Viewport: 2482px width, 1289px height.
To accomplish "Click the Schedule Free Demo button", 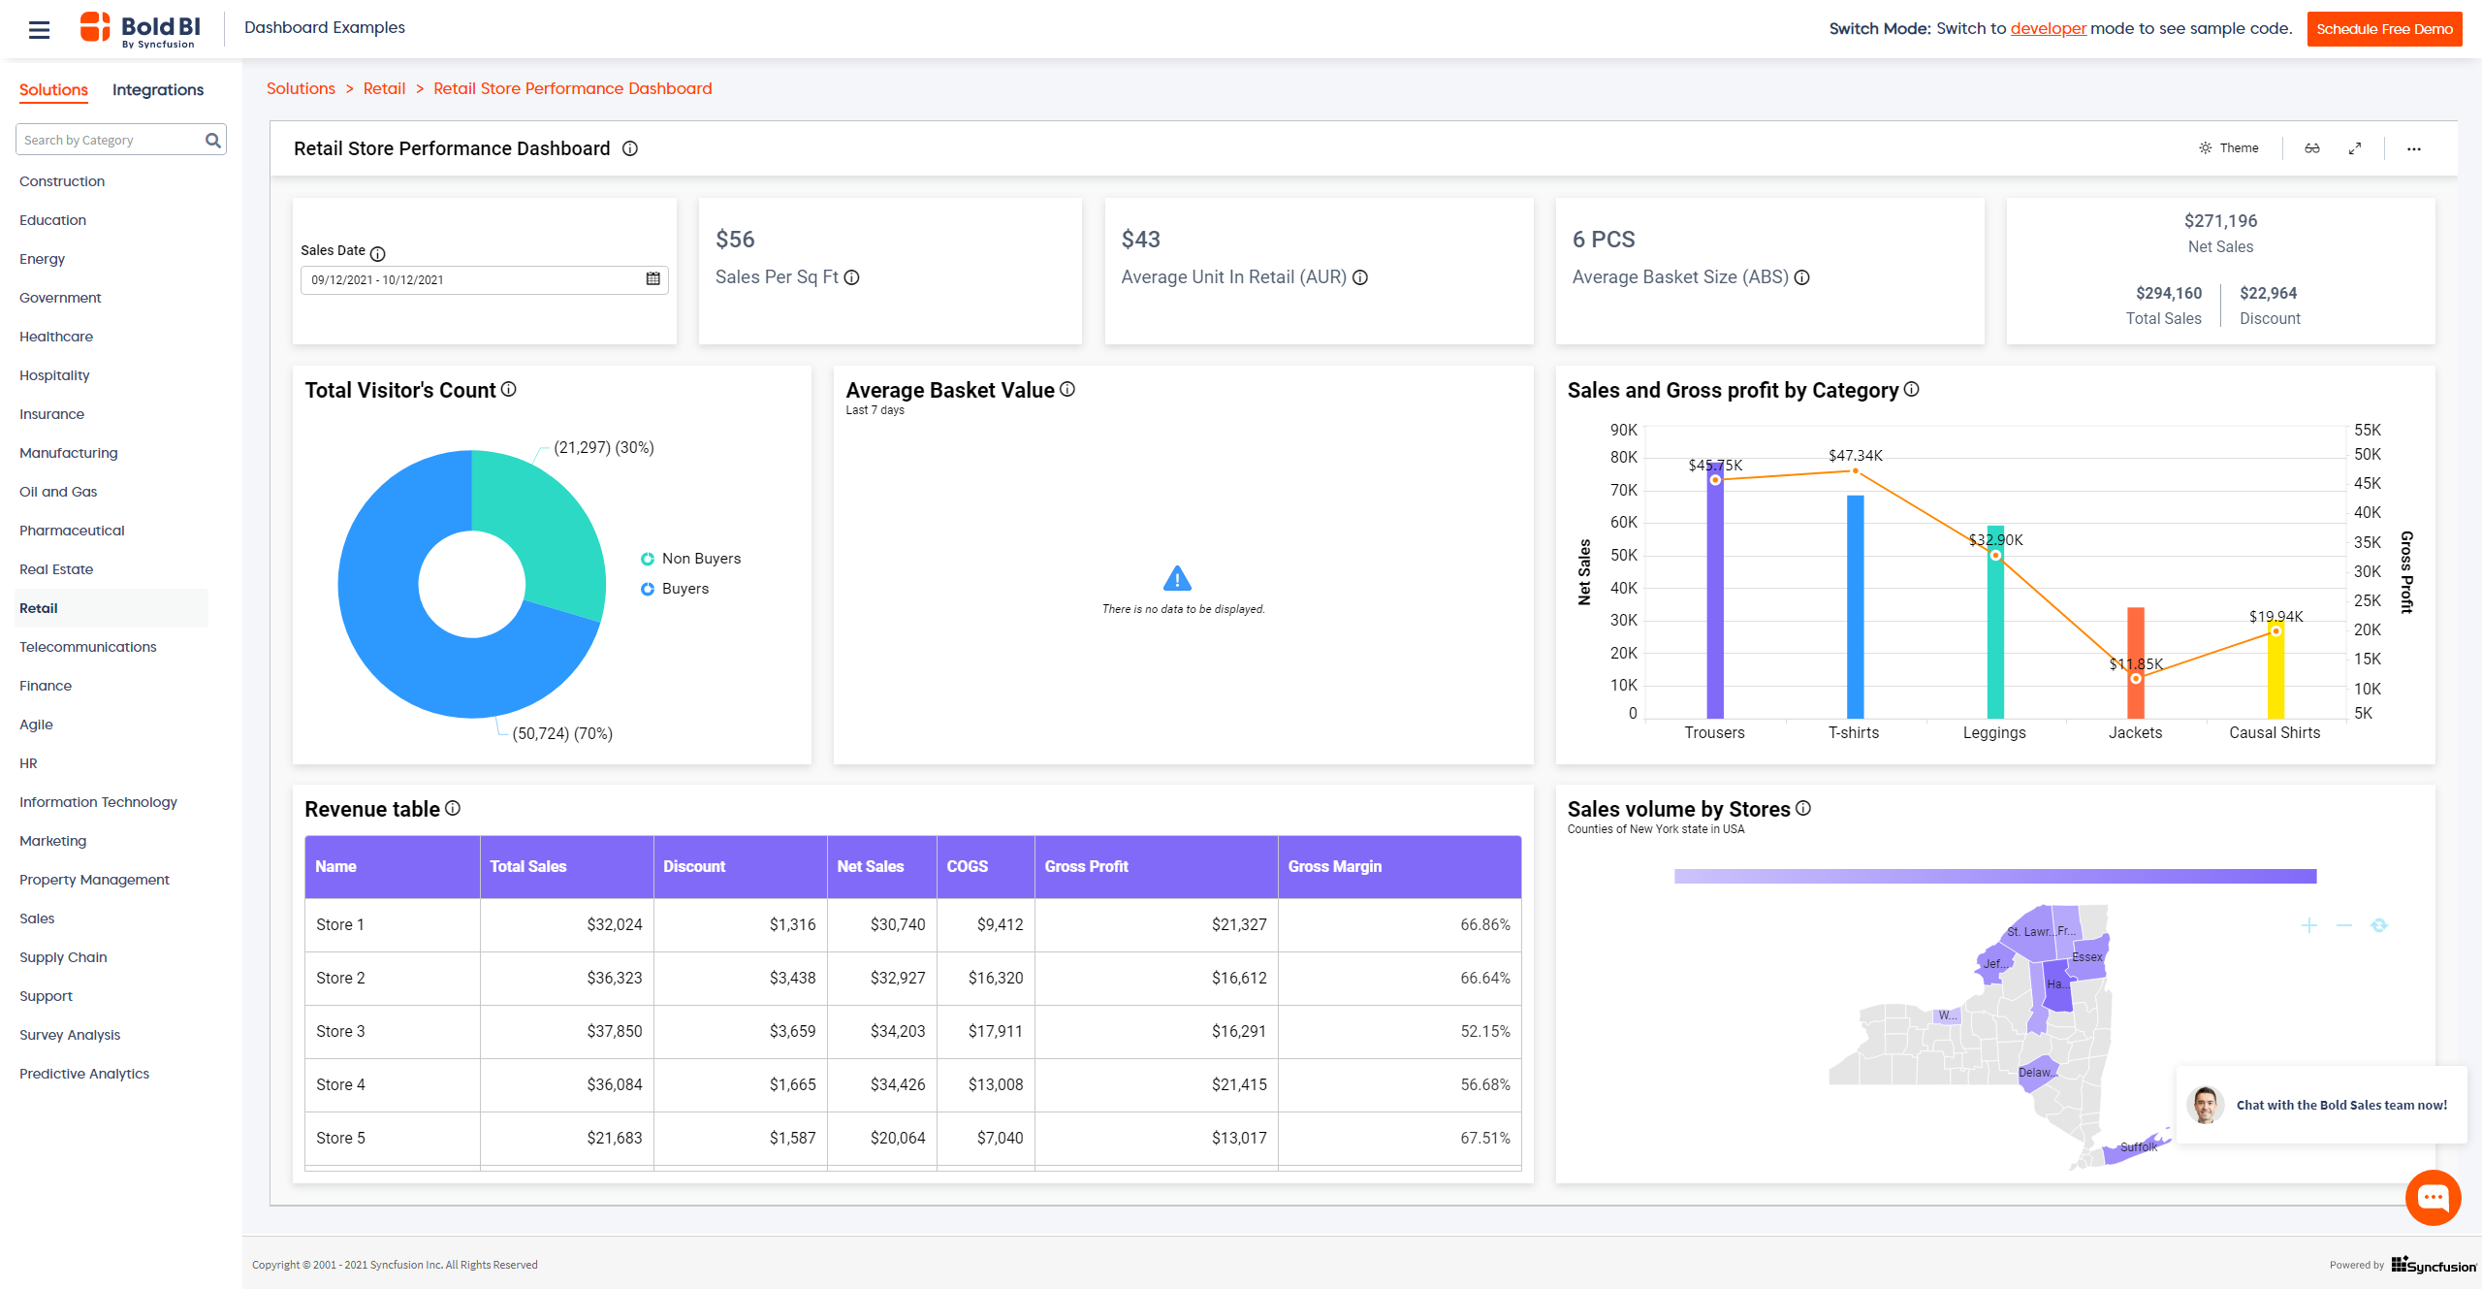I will pos(2383,29).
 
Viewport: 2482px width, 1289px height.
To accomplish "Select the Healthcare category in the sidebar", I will pos(56,337).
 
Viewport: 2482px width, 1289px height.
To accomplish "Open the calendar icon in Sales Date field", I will pos(652,279).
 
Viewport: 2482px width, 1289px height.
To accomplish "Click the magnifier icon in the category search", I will pos(213,141).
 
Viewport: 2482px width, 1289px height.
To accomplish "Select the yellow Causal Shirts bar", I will pos(2275,674).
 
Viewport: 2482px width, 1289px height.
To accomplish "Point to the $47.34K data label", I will pos(1855,456).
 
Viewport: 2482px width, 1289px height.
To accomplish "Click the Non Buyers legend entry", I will pos(700,559).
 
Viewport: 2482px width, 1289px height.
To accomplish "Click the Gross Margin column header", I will pos(1334,866).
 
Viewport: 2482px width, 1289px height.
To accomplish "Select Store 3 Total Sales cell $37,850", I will pos(614,1031).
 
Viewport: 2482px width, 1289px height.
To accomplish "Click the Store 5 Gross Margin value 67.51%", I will pos(1484,1138).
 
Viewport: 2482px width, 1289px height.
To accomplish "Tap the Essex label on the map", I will pos(2086,957).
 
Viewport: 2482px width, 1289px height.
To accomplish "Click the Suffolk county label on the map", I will pos(2138,1146).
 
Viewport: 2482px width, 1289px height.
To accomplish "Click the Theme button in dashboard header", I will pos(2229,148).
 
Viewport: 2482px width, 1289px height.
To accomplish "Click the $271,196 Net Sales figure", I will pos(2220,221).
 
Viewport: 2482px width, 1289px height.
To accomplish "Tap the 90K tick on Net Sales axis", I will pos(1623,430).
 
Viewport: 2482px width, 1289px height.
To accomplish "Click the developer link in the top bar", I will pos(2048,29).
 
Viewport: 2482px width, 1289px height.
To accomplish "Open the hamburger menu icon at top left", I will pos(39,30).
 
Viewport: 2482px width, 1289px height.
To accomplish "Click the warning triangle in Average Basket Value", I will pos(1176,579).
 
